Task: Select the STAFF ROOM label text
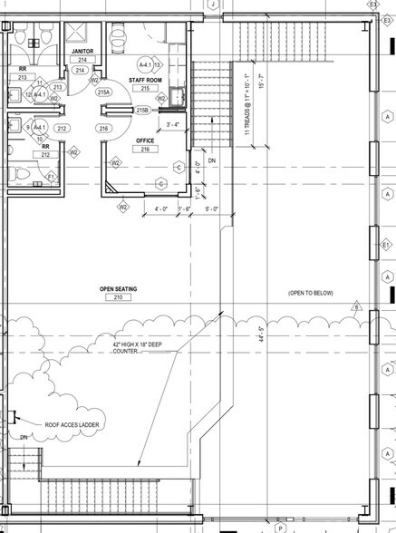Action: click(x=144, y=81)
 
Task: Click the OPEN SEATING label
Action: click(x=117, y=288)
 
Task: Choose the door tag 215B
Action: click(x=141, y=110)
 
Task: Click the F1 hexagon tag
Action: click(x=51, y=176)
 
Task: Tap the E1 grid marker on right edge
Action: click(x=385, y=246)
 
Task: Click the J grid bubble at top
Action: click(x=212, y=5)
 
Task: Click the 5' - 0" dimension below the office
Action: click(x=213, y=209)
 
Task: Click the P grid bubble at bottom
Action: click(x=281, y=527)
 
